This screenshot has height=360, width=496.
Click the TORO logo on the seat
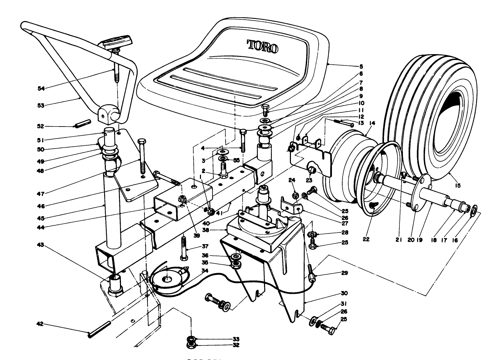coord(263,46)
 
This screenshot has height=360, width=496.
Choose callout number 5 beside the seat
coord(351,66)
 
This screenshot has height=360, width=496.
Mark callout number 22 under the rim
coord(366,239)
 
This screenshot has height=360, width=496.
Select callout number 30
coord(344,293)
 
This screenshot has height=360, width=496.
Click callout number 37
coord(206,246)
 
